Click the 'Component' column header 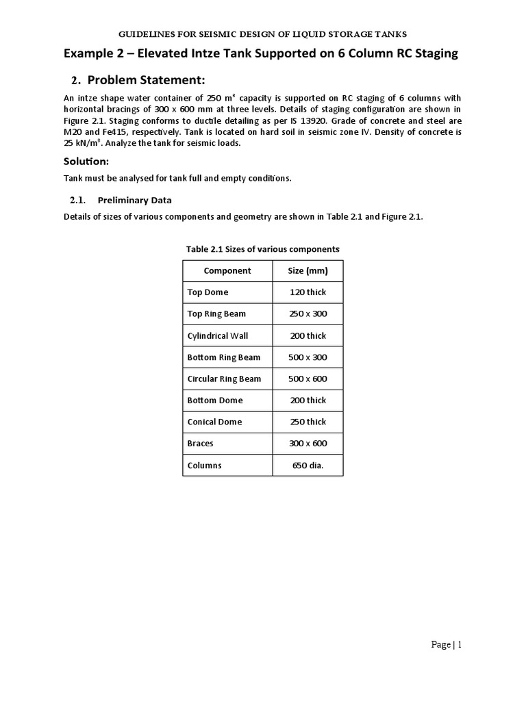tap(227, 270)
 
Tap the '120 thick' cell tap(308, 292)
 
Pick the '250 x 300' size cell tap(308, 314)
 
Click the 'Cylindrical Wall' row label tap(218, 335)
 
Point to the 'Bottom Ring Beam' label tap(224, 357)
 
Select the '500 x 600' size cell tap(308, 379)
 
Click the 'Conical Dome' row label tap(214, 422)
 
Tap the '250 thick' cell tap(308, 422)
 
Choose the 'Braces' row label tap(200, 443)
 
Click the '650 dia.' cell tap(308, 465)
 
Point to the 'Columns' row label tap(204, 465)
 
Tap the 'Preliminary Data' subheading tap(134, 200)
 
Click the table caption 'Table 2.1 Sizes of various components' tap(262, 248)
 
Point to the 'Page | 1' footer tap(447, 644)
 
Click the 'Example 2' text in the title tap(96, 53)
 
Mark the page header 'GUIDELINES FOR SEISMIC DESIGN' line tap(263, 34)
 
